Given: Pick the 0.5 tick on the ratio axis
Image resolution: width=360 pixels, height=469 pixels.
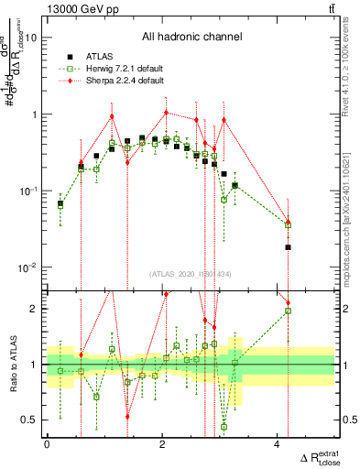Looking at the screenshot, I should [30, 420].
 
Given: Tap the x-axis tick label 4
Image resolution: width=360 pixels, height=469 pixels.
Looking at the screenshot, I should [278, 443].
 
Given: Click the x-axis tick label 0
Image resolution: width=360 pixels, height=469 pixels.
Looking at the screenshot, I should [47, 443].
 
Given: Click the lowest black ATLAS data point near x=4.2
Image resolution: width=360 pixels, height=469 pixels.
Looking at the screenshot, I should [288, 247].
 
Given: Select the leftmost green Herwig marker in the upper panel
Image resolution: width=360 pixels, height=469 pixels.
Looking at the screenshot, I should [60, 205].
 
